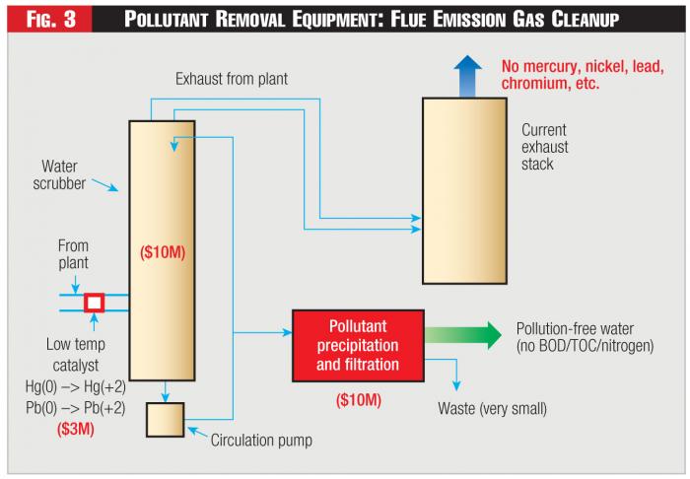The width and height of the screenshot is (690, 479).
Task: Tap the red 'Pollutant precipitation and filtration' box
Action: tap(358, 346)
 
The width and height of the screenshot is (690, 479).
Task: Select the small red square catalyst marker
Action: tap(94, 302)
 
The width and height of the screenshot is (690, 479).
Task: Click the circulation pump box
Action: tap(164, 419)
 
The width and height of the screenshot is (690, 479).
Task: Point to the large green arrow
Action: tap(463, 334)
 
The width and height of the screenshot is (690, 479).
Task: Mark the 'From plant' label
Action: tap(73, 255)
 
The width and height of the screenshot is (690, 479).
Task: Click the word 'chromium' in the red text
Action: tap(538, 85)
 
